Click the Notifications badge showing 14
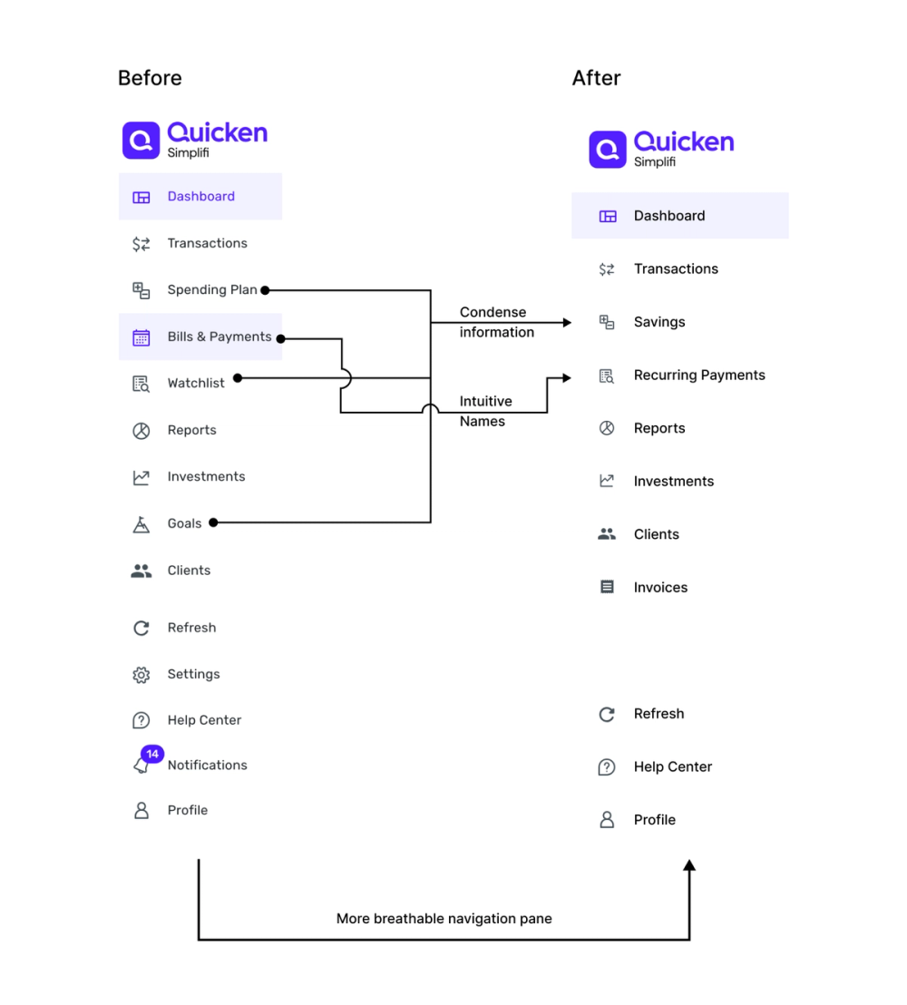pyautogui.click(x=152, y=754)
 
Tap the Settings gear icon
pyautogui.click(x=141, y=675)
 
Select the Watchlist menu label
pyautogui.click(x=196, y=384)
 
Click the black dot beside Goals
pyautogui.click(x=213, y=522)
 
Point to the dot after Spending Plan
pyautogui.click(x=266, y=290)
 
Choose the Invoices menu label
pyautogui.click(x=660, y=588)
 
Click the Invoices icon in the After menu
pyautogui.click(x=607, y=588)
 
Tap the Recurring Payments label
pyautogui.click(x=699, y=376)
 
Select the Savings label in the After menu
pyautogui.click(x=659, y=322)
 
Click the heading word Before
pyautogui.click(x=150, y=78)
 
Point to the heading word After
pyautogui.click(x=596, y=78)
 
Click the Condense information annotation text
pyautogui.click(x=496, y=322)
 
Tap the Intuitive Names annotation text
pyautogui.click(x=485, y=411)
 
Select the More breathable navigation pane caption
pyautogui.click(x=444, y=919)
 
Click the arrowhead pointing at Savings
pyautogui.click(x=567, y=322)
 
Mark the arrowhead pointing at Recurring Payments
pyautogui.click(x=567, y=377)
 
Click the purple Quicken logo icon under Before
pyautogui.click(x=141, y=141)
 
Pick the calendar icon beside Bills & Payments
pyautogui.click(x=141, y=337)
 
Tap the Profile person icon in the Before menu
pyautogui.click(x=141, y=811)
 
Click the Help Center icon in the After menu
pyautogui.click(x=607, y=767)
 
